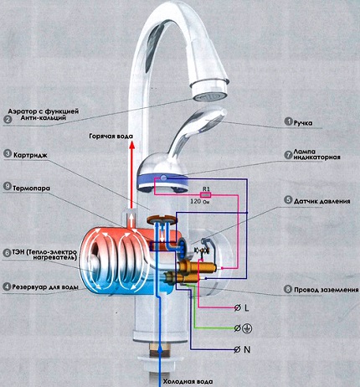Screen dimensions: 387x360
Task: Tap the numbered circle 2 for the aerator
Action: (7, 120)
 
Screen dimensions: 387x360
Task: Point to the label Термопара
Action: (36, 188)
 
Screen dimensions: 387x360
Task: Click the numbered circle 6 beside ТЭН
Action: (7, 253)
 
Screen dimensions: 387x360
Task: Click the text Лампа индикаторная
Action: (326, 157)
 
